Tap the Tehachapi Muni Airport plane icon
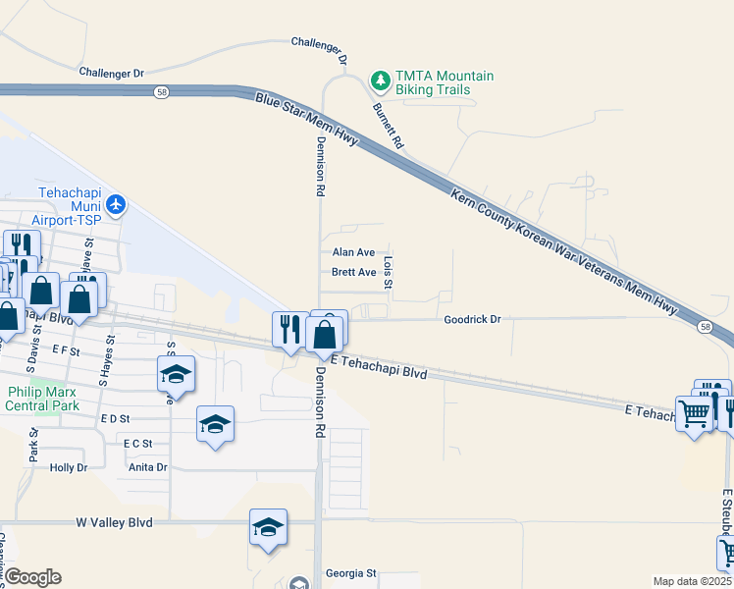[118, 204]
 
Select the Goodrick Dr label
[472, 319]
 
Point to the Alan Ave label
[353, 252]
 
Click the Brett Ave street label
[353, 272]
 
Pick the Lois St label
[389, 273]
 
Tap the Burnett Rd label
[388, 126]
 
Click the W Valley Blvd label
[114, 523]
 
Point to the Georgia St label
[351, 572]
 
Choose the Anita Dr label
[147, 467]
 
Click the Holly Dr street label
[69, 467]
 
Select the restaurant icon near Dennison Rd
[289, 327]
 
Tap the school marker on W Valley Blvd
[268, 527]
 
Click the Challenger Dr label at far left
[110, 73]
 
